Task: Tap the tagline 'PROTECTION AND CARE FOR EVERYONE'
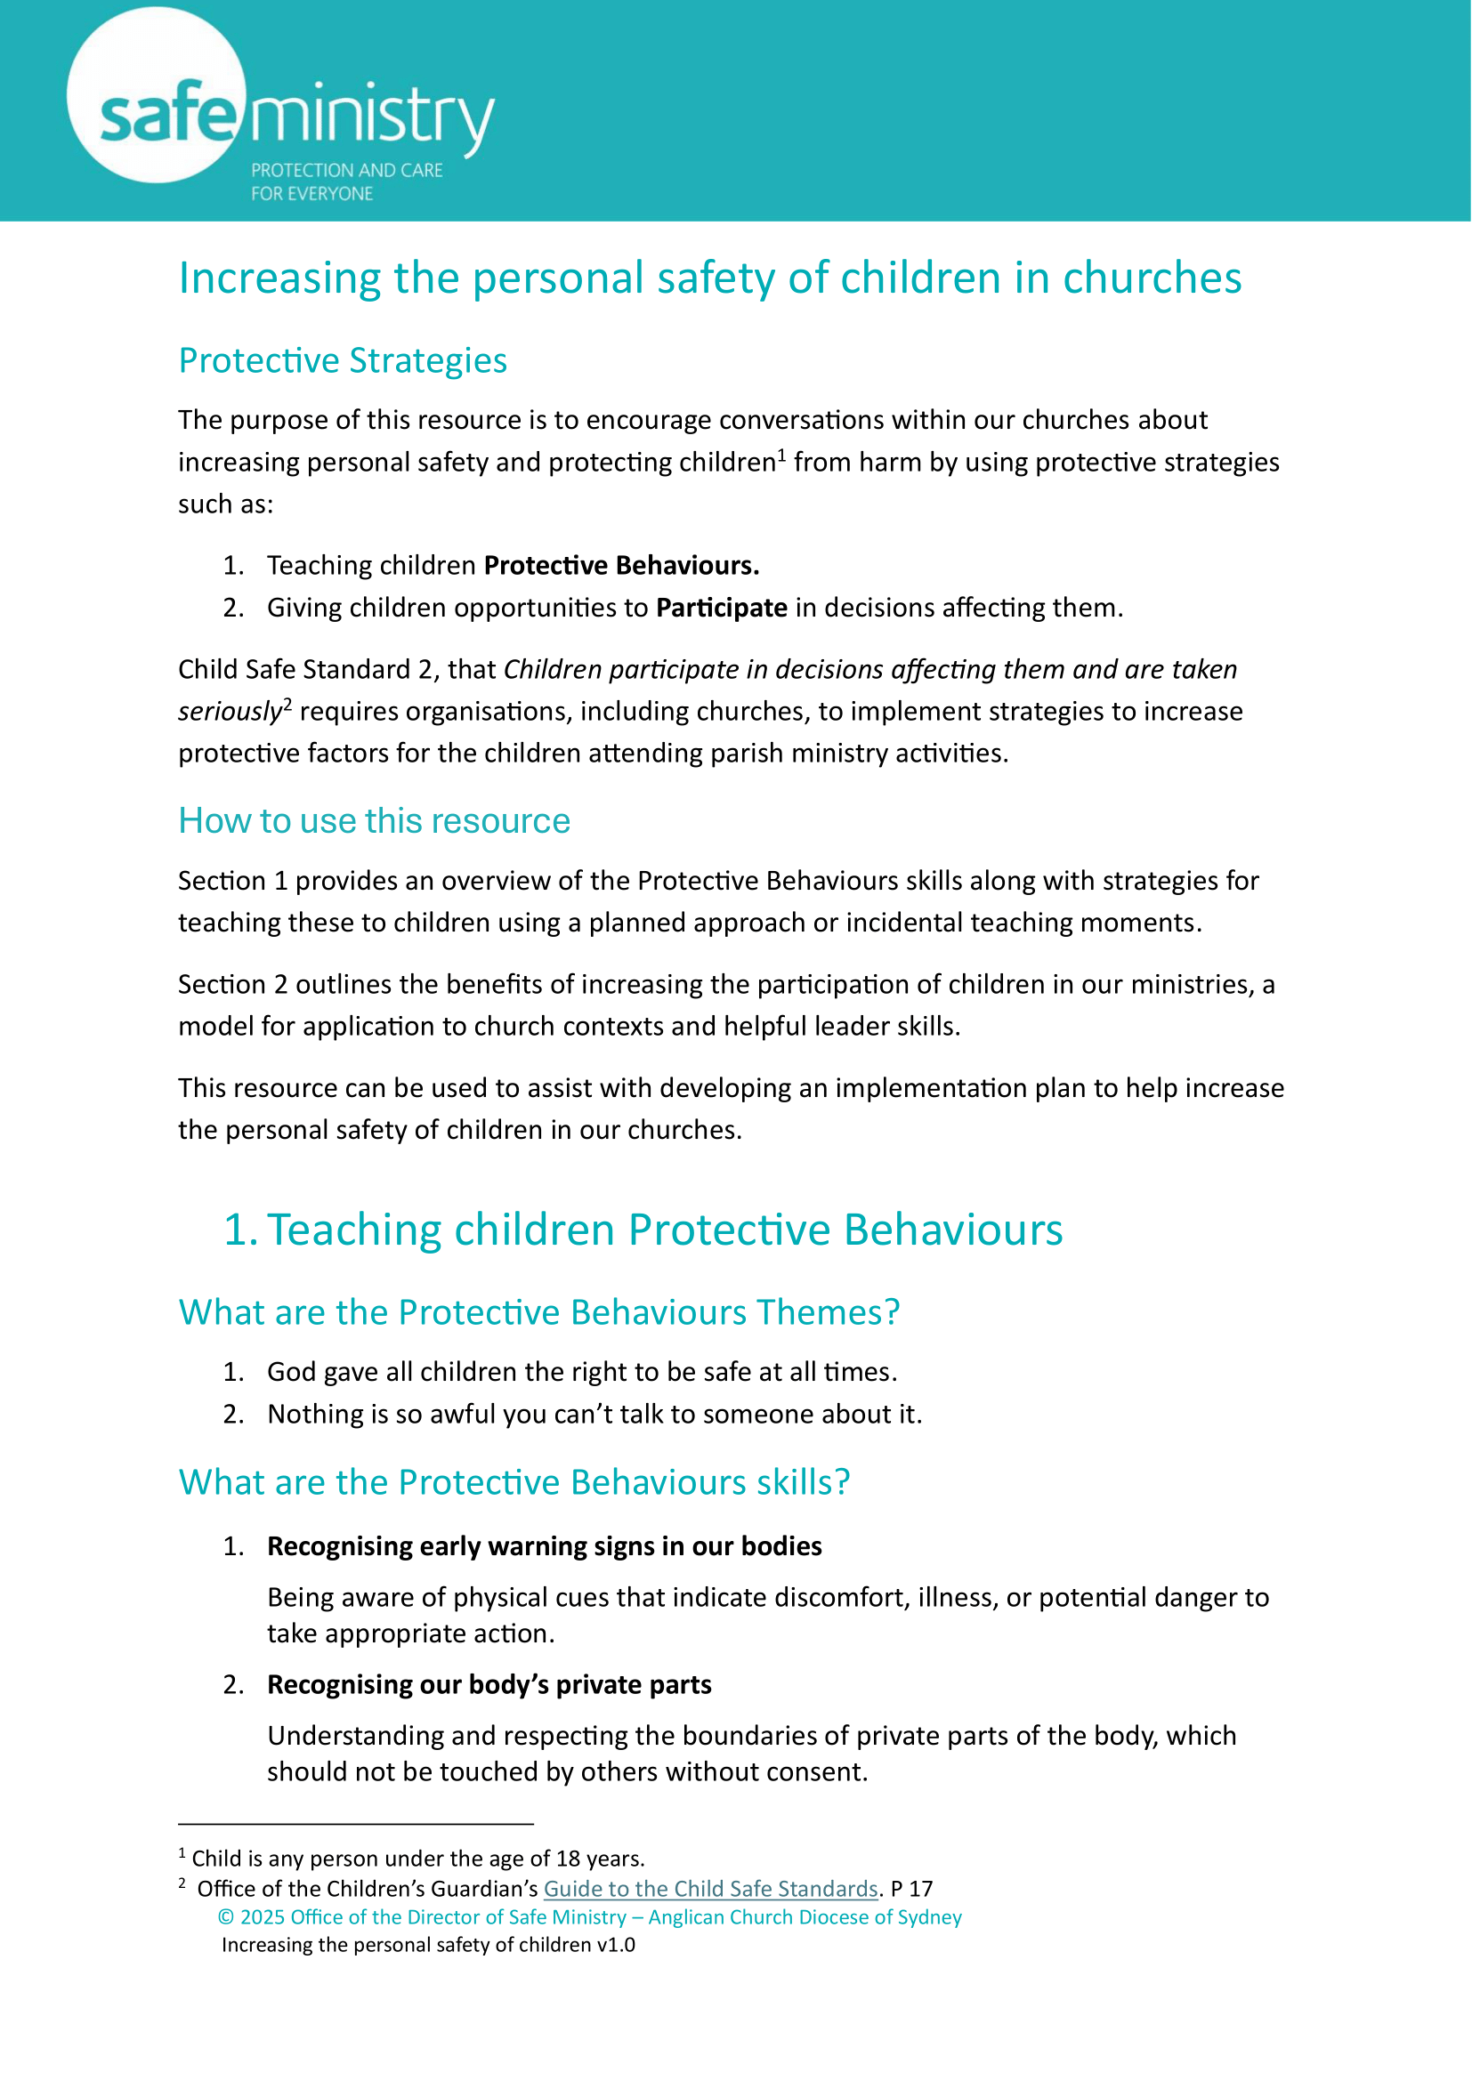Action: click(x=346, y=181)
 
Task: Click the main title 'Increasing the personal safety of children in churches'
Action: click(x=709, y=278)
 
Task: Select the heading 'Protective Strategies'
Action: click(x=343, y=360)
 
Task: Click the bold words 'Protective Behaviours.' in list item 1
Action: click(x=621, y=566)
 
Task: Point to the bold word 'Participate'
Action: click(x=722, y=608)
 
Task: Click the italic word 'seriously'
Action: click(x=231, y=712)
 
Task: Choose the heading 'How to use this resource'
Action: click(x=375, y=821)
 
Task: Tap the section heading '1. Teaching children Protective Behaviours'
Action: click(x=643, y=1230)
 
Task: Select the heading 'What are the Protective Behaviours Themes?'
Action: click(x=539, y=1312)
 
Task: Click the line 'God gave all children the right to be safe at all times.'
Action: click(x=582, y=1372)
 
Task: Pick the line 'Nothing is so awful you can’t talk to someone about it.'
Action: click(x=594, y=1414)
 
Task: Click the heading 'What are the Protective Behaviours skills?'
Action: click(x=514, y=1482)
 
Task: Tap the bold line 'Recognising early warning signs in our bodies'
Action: click(x=544, y=1546)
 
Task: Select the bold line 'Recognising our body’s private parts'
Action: click(x=489, y=1685)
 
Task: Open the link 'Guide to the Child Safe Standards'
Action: click(x=710, y=1889)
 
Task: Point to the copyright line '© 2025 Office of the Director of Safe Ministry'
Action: click(x=589, y=1917)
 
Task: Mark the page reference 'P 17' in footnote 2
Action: click(x=912, y=1889)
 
